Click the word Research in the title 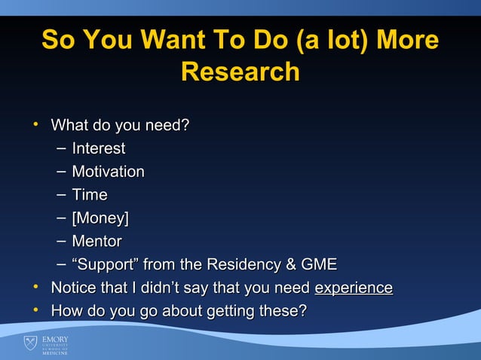pos(240,72)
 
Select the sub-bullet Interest pos(98,148)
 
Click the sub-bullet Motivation pos(108,172)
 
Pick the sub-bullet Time pos(89,195)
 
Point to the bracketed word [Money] pos(100,218)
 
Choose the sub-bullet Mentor pos(97,242)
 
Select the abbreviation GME pos(318,264)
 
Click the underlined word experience pos(353,288)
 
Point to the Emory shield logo pos(29,344)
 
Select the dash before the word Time pos(60,195)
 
